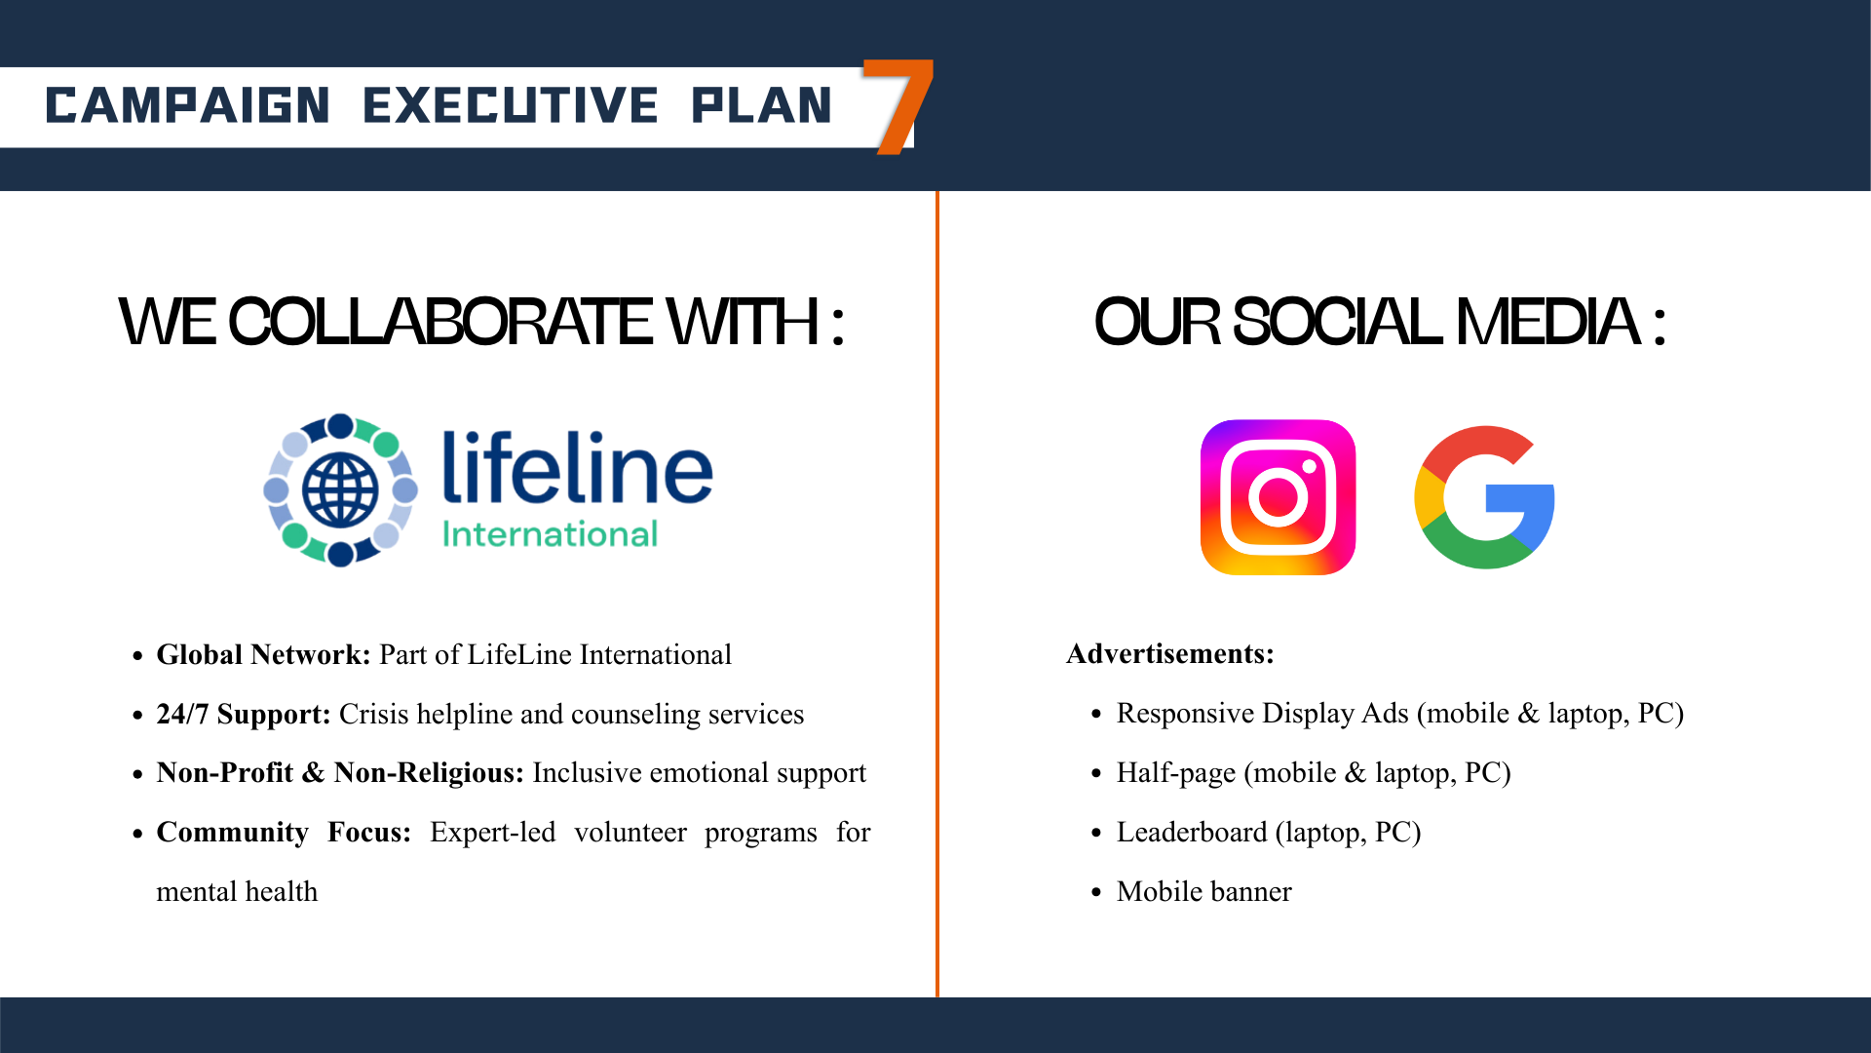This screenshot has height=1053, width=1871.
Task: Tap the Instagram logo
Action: pyautogui.click(x=1278, y=497)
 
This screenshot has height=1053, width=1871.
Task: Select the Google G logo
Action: pyautogui.click(x=1484, y=497)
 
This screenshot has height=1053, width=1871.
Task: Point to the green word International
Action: pyautogui.click(x=550, y=534)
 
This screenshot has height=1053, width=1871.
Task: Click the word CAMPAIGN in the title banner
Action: pyautogui.click(x=187, y=105)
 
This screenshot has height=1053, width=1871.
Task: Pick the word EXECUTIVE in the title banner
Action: pyautogui.click(x=511, y=105)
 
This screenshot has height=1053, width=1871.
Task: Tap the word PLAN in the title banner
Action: pyautogui.click(x=761, y=105)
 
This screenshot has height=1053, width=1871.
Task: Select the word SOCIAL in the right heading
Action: pyautogui.click(x=1337, y=323)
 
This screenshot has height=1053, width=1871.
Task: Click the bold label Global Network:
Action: pyautogui.click(x=264, y=654)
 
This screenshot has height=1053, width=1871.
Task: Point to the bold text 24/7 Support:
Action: pyautogui.click(x=244, y=715)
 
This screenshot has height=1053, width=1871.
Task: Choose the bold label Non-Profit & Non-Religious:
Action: pyautogui.click(x=341, y=773)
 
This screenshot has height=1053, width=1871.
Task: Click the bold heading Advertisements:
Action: pyautogui.click(x=1170, y=653)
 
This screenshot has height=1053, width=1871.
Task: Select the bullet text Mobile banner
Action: pyautogui.click(x=1204, y=892)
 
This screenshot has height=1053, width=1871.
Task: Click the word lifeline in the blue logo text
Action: pyautogui.click(x=578, y=467)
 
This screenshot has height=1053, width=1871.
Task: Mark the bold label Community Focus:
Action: pyautogui.click(x=284, y=833)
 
